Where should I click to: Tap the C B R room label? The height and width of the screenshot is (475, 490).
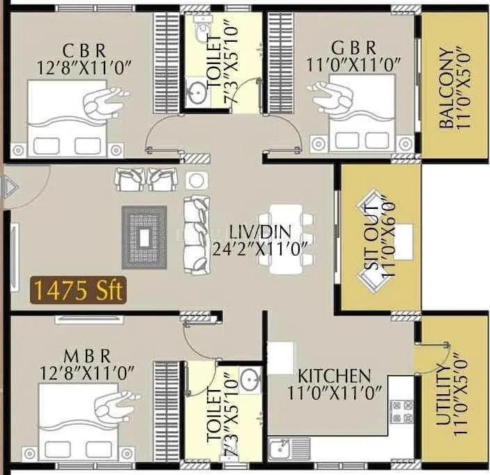[x=84, y=50]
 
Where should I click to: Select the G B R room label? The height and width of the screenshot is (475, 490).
[x=354, y=48]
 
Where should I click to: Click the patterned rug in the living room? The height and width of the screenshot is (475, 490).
[x=144, y=238]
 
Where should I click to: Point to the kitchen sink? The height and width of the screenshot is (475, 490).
[x=282, y=448]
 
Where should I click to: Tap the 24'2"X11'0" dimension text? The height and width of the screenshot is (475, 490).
[x=261, y=248]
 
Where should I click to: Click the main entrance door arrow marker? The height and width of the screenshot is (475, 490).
[x=10, y=187]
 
